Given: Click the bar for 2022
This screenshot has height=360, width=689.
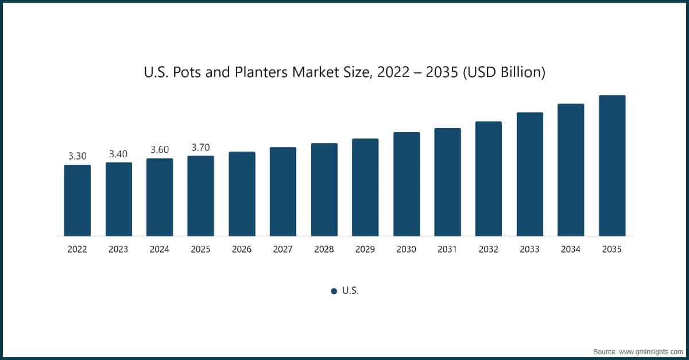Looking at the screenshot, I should pos(77,200).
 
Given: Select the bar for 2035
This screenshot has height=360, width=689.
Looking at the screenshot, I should pos(612,165).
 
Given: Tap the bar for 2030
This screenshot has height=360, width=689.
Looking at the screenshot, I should pos(407,184).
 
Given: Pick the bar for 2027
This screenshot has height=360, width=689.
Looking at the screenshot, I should pos(283,191).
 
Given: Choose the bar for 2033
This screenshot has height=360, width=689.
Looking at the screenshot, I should pos(530,174).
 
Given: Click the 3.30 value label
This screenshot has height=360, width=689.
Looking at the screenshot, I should pos(77,156).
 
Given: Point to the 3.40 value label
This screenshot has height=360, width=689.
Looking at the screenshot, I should pos(118,153).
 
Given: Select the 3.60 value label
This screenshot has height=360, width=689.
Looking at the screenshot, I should pos(160,149).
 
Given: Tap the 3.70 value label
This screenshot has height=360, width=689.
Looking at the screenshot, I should pos(200,147).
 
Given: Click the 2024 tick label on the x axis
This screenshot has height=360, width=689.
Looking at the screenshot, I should pos(160,250).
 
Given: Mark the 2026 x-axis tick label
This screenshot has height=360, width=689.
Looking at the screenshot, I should pos(242,250).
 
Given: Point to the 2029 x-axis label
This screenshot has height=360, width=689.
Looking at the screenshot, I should pos(365,250).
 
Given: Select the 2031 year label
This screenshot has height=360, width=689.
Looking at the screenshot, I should pos(447,250).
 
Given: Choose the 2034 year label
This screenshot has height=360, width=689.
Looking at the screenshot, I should pos(571,250).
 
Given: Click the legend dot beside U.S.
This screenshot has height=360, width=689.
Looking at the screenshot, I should pos(334,291).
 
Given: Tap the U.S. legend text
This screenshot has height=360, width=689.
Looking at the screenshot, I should pos(350,291).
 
